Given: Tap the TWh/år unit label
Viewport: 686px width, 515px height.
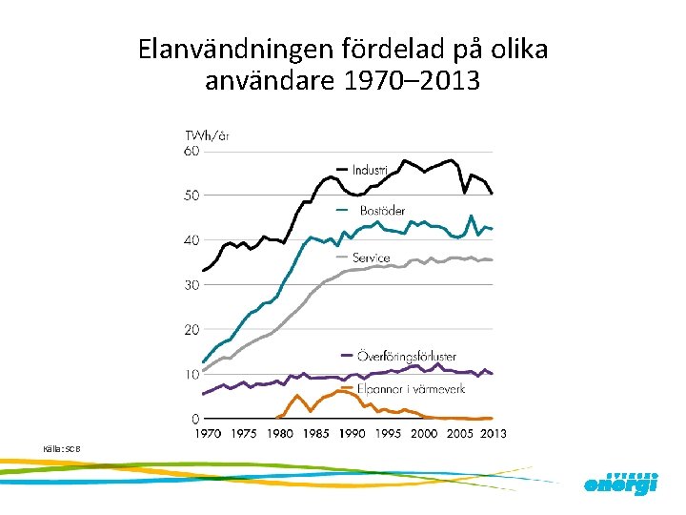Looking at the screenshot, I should tap(206, 136).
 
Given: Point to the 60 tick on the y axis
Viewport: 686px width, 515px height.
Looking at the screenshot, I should tap(192, 151).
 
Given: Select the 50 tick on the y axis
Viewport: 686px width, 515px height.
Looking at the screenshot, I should tap(192, 196).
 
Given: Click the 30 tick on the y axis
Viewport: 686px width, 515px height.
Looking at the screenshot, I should tap(192, 285).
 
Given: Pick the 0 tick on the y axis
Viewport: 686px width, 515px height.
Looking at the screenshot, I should tap(195, 419).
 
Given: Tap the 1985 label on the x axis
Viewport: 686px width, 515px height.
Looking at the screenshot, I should tap(315, 434).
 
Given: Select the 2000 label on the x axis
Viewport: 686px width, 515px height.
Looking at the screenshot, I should tap(424, 434).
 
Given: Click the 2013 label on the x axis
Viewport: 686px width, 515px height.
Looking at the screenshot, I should tap(492, 434).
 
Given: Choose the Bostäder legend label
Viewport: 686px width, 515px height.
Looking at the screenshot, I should tap(382, 210).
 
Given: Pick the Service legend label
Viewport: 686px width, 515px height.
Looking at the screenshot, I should tap(371, 257).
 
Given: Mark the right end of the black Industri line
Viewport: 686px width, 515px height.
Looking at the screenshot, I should tap(492, 194).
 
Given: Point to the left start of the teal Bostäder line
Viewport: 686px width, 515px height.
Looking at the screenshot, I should tap(203, 361).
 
